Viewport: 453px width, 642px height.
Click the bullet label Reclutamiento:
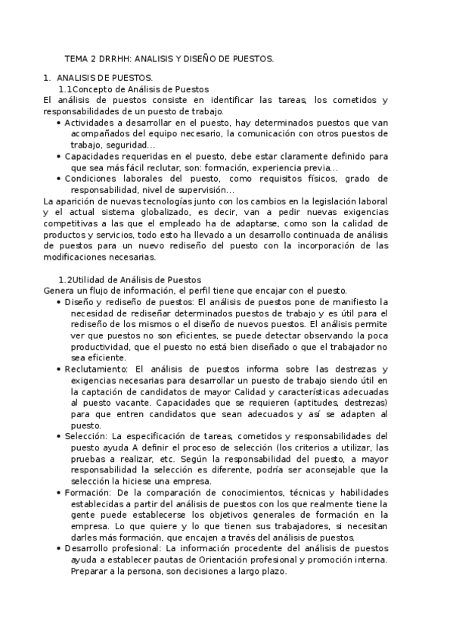click(x=95, y=369)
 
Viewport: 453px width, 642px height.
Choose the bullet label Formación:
click(x=88, y=493)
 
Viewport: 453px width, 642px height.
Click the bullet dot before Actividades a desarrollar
click(x=60, y=122)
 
